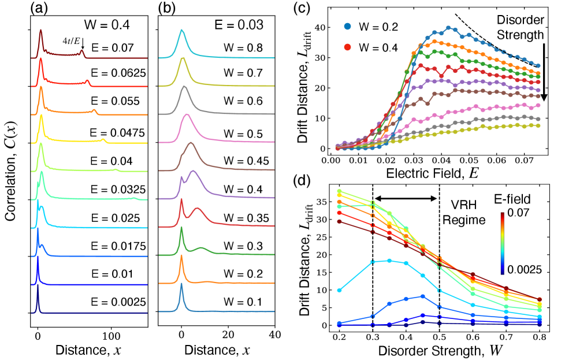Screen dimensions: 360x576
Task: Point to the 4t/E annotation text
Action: pos(71,41)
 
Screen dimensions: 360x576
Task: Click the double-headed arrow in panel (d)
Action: pos(406,198)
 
